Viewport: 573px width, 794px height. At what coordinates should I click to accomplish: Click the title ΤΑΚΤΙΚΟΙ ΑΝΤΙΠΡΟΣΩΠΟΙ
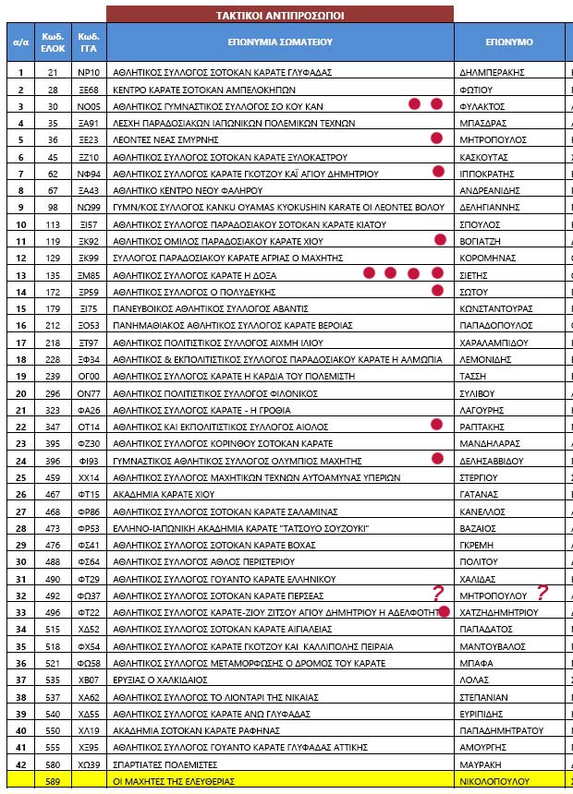pos(279,15)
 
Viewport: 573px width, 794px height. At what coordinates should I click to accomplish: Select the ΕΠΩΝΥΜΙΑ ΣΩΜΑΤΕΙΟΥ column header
pos(279,42)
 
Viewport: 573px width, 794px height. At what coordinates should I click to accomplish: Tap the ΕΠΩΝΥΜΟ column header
pos(509,42)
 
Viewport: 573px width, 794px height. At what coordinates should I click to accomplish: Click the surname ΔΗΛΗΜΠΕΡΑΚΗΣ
pos(492,72)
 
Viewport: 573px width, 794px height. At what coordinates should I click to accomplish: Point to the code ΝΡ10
pos(89,72)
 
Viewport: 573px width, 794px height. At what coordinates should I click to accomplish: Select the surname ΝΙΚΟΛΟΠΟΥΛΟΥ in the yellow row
pos(498,781)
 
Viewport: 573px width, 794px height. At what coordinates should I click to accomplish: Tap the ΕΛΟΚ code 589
pos(53,781)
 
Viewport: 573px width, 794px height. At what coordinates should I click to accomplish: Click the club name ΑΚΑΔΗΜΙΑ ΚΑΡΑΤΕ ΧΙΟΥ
pos(150,495)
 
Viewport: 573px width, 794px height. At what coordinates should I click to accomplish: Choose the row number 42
pos(19,764)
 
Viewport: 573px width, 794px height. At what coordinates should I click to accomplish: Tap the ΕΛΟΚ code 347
pos(53,427)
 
